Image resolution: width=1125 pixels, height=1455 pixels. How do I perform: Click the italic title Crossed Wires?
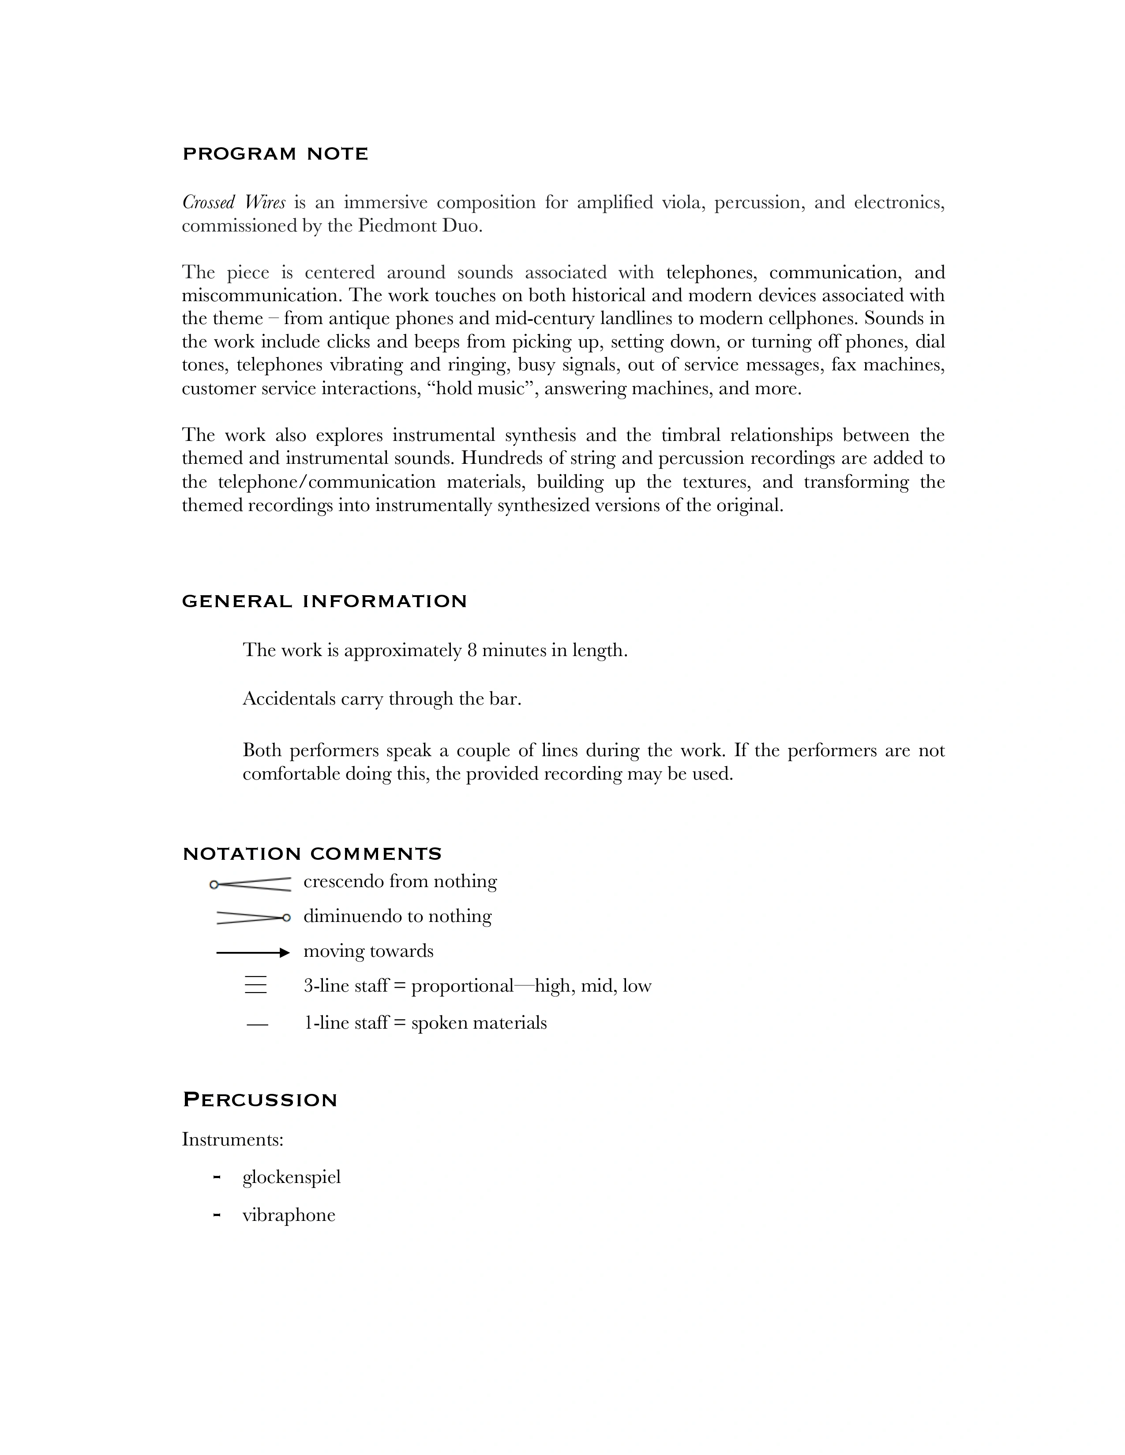(233, 202)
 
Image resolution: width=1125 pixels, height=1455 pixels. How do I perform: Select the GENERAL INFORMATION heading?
(325, 601)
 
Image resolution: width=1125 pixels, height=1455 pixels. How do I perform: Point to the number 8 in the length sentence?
(472, 650)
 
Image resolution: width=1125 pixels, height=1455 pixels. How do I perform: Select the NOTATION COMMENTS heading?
(312, 854)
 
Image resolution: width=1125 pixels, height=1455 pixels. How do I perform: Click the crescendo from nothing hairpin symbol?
(251, 884)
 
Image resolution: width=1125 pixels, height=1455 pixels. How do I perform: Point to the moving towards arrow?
(253, 953)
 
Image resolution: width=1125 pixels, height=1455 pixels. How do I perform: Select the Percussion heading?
(260, 1100)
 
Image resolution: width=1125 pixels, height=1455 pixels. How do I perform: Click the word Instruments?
(232, 1140)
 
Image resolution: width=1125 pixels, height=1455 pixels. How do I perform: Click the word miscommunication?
(261, 295)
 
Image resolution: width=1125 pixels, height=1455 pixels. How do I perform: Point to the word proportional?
(462, 986)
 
